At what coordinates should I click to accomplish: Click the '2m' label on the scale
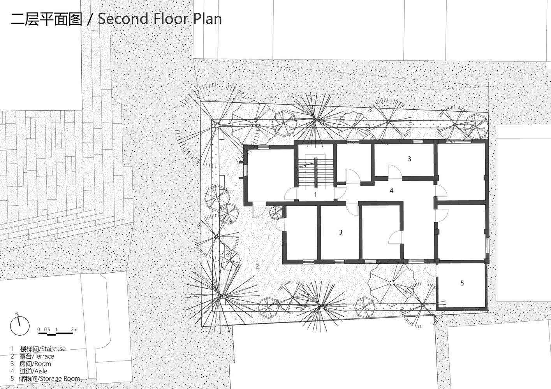[74, 329]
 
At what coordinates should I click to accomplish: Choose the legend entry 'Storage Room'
[46, 378]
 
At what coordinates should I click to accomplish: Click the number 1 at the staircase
[315, 195]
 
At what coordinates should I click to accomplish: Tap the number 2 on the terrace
[257, 266]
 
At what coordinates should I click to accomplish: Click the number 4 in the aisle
[391, 191]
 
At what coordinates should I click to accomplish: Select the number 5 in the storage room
[462, 283]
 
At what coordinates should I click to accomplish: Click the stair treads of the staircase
[315, 172]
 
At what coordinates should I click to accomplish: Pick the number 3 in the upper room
[409, 159]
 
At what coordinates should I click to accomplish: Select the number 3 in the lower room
[341, 232]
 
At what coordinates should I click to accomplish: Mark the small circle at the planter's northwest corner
[217, 126]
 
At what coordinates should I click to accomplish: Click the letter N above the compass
[17, 314]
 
